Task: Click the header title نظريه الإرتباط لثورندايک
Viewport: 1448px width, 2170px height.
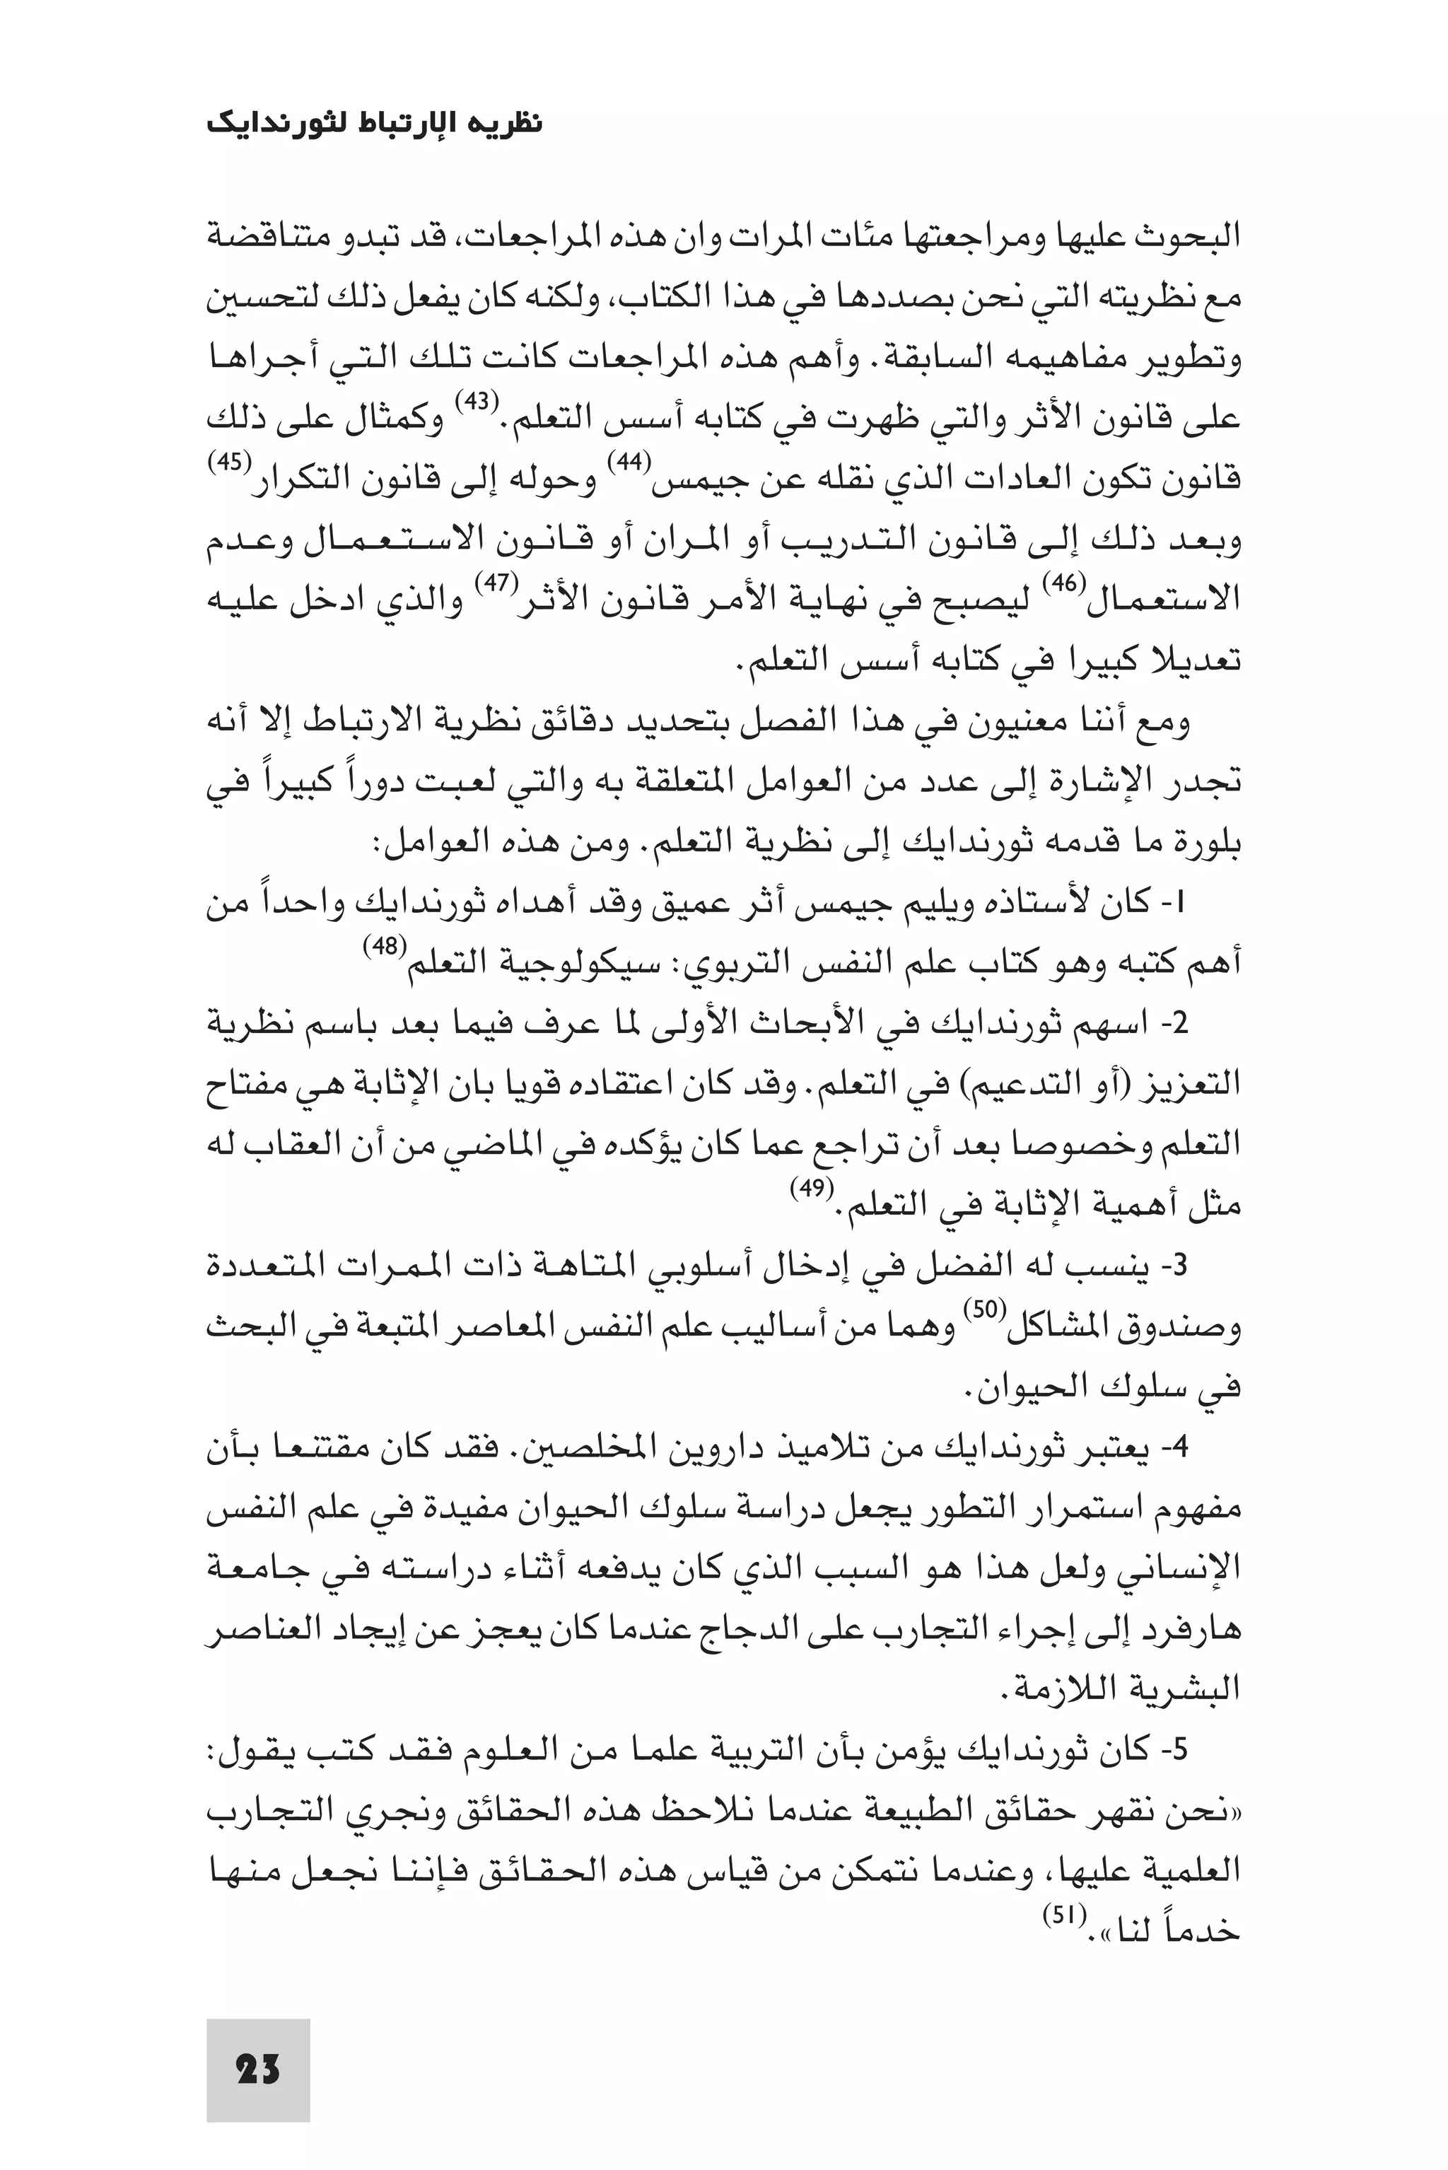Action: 374,124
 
